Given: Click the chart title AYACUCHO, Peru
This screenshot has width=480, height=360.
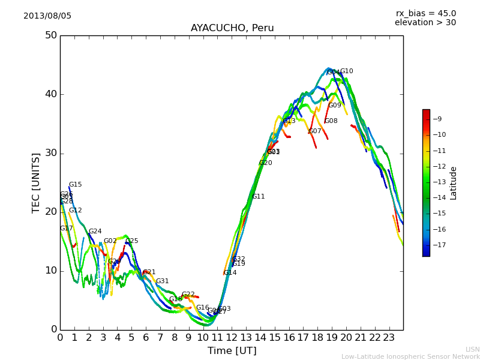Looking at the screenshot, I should [232, 28].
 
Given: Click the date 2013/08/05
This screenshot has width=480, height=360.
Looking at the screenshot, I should [47, 16].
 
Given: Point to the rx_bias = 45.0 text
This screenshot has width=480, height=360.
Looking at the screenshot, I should [425, 13].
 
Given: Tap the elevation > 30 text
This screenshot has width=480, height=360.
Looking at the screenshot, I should [425, 23].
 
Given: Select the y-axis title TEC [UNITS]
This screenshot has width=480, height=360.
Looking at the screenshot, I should [36, 182].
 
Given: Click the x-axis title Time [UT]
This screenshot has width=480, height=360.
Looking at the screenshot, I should [232, 351].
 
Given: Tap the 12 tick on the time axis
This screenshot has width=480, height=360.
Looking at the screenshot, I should [232, 337].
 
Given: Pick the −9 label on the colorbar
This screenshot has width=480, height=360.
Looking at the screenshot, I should [437, 119].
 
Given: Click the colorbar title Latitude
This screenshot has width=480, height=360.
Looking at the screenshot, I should [454, 183].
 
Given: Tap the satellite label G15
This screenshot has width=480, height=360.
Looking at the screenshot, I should [75, 185].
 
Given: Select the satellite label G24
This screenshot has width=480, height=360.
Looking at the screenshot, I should [95, 232].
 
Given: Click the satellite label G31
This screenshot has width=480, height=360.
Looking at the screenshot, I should [162, 281].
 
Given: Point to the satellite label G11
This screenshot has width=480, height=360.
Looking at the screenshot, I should [259, 197].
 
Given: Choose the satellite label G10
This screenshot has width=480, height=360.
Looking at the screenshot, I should [347, 71].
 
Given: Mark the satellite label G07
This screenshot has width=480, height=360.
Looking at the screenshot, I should [315, 131].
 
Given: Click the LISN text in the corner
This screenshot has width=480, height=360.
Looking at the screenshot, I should [473, 349].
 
